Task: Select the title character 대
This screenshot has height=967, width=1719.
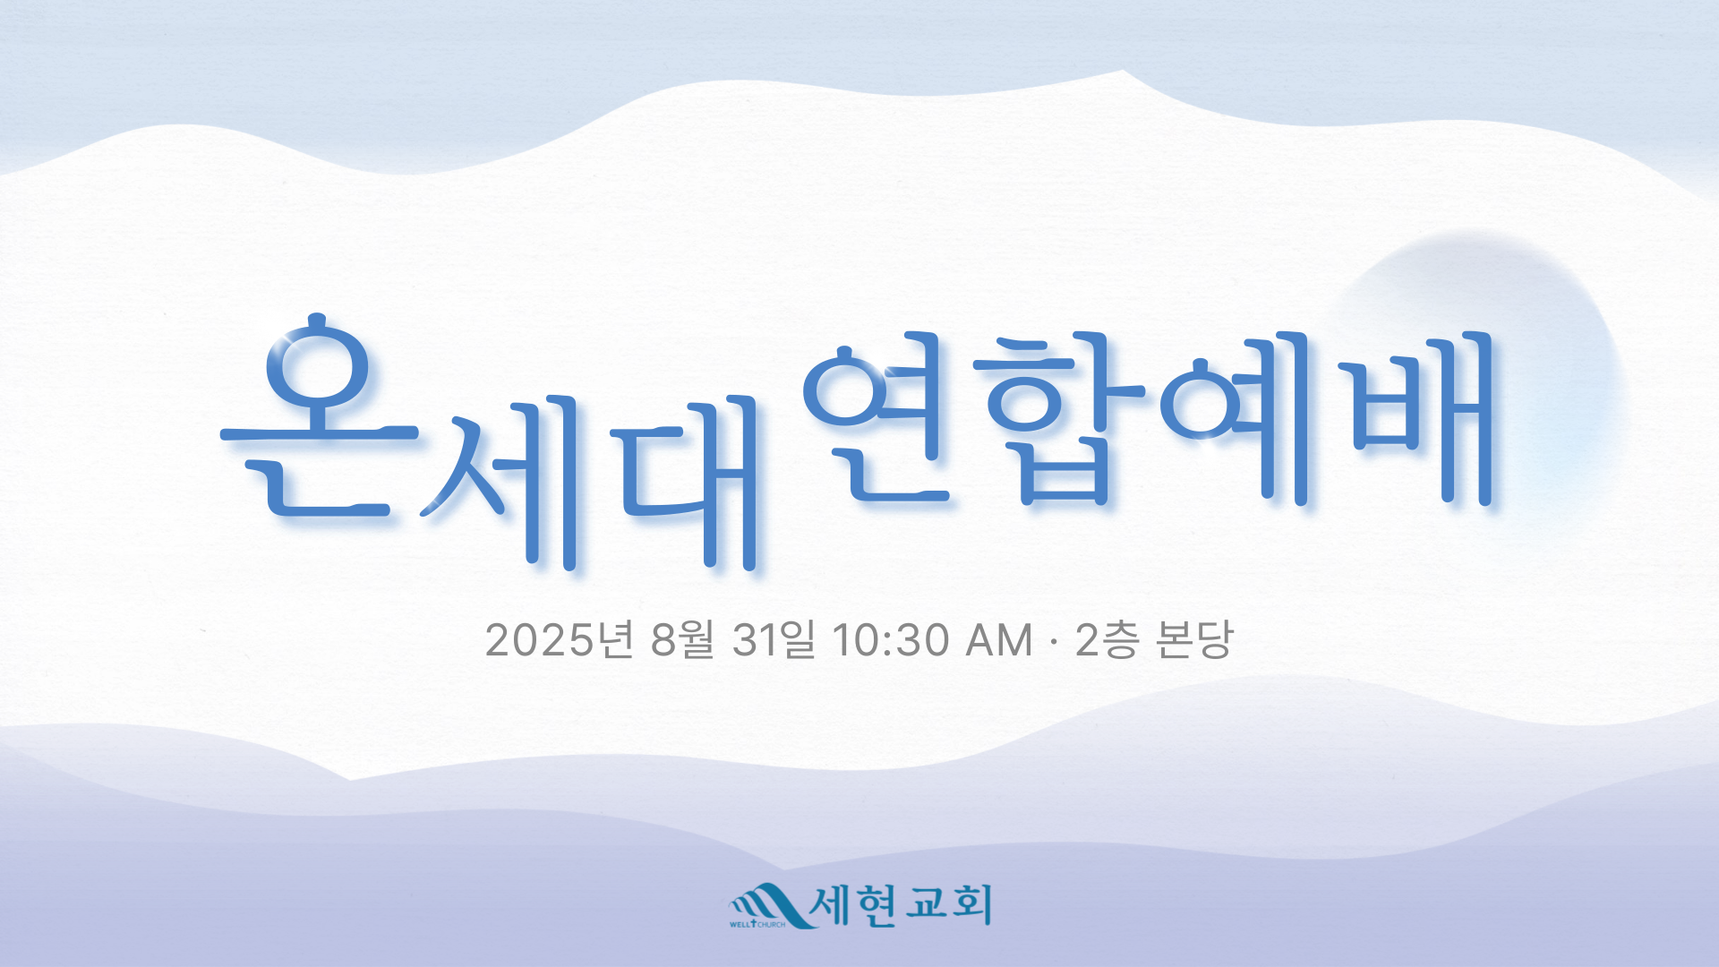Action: tap(685, 481)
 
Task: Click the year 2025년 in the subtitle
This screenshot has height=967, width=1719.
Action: tap(560, 639)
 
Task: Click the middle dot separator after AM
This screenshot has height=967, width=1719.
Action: tap(1054, 641)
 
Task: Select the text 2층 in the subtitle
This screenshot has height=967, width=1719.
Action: tap(1107, 639)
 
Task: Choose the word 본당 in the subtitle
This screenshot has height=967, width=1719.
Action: tap(1194, 639)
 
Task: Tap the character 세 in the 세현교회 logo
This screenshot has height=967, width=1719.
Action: tap(831, 905)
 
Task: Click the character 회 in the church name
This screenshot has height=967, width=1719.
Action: tap(971, 905)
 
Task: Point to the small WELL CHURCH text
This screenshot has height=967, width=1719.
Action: tap(757, 924)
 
